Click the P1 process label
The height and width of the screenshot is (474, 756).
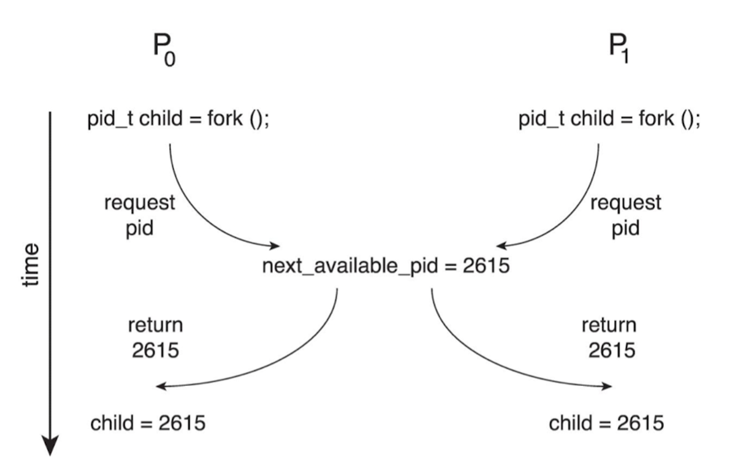click(619, 48)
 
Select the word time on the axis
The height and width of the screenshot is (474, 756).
click(30, 265)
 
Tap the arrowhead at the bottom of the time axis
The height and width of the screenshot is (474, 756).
click(50, 446)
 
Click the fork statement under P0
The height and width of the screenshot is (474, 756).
click(178, 119)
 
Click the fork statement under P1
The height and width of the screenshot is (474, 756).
click(609, 119)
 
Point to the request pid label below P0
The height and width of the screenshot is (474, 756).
click(139, 215)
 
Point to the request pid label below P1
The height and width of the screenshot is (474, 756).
click(626, 215)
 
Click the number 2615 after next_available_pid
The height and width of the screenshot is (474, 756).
click(486, 266)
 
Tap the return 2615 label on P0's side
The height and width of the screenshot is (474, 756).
click(155, 337)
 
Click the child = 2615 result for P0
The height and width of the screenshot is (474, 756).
click(148, 423)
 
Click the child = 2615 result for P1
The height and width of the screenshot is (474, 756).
click(606, 423)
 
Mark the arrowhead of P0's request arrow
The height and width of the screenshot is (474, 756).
click(275, 246)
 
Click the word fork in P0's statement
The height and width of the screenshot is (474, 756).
click(225, 118)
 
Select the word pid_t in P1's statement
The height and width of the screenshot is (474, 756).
click(541, 119)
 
